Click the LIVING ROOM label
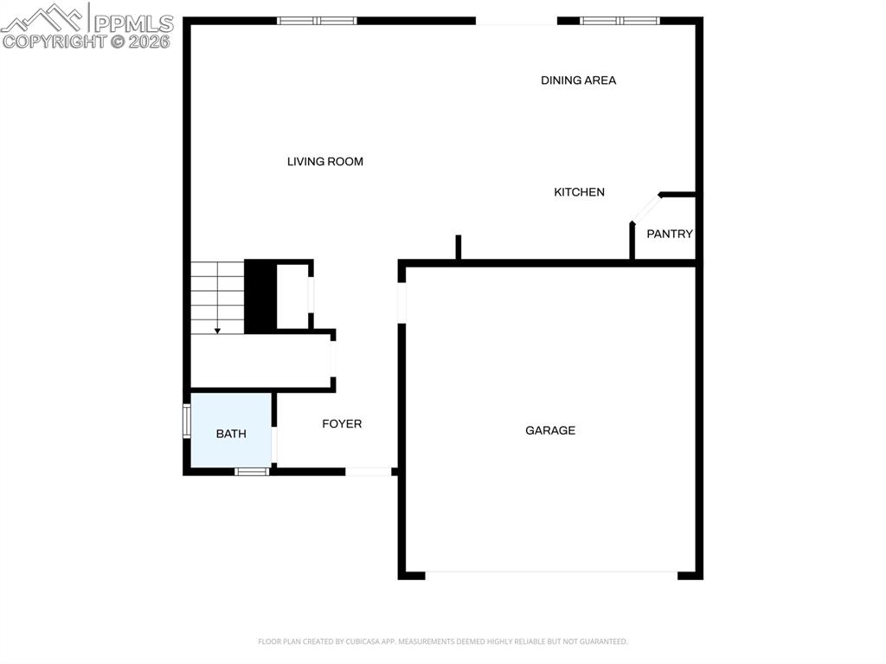pos(325,162)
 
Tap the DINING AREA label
pos(579,81)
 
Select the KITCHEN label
pos(579,192)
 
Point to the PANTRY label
pos(670,234)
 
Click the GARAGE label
pos(550,430)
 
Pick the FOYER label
pos(342,424)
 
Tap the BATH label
pos(231,434)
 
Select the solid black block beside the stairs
pos(260,296)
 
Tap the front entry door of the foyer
pos(369,472)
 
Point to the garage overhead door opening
pos(551,573)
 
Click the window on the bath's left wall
pos(186,421)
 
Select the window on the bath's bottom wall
pos(253,472)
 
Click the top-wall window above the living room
pos(317,21)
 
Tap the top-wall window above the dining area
pos(620,21)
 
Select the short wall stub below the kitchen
pos(459,248)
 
